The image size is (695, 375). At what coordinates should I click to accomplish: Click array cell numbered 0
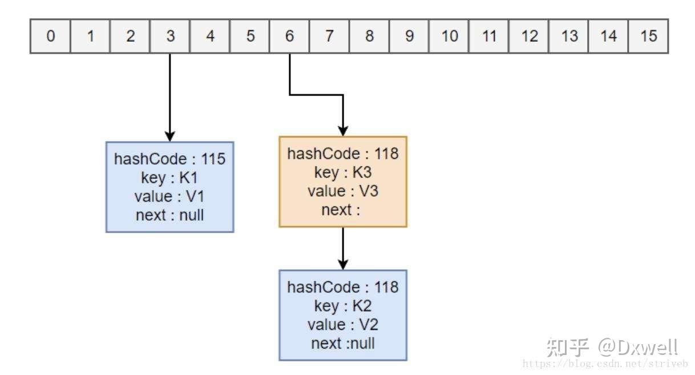pyautogui.click(x=50, y=37)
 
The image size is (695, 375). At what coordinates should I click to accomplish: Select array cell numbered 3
pyautogui.click(x=170, y=37)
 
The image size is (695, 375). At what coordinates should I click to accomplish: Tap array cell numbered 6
pyautogui.click(x=289, y=37)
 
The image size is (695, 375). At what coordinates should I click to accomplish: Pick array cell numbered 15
pyautogui.click(x=648, y=37)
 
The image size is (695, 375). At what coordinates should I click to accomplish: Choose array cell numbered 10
pyautogui.click(x=449, y=37)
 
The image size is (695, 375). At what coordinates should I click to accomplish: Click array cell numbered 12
pyautogui.click(x=529, y=37)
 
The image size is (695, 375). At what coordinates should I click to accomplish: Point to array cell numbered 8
pyautogui.click(x=369, y=37)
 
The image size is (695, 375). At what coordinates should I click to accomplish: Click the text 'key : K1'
pyautogui.click(x=169, y=178)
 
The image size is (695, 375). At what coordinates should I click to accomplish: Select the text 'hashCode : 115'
pyautogui.click(x=169, y=159)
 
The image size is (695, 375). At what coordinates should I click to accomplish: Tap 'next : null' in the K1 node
pyautogui.click(x=169, y=216)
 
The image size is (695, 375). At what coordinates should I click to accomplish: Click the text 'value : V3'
pyautogui.click(x=342, y=191)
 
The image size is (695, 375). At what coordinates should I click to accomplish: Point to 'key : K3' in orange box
pyautogui.click(x=342, y=173)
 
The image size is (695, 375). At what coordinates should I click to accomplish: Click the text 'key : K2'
pyautogui.click(x=342, y=306)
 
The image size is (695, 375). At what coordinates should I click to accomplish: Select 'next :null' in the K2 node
pyautogui.click(x=342, y=344)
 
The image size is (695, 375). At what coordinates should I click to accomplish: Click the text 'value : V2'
pyautogui.click(x=342, y=325)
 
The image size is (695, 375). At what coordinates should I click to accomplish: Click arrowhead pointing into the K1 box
pyautogui.click(x=169, y=136)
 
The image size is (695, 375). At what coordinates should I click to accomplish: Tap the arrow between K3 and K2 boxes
pyautogui.click(x=342, y=249)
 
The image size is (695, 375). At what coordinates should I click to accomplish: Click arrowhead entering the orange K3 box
pyautogui.click(x=342, y=131)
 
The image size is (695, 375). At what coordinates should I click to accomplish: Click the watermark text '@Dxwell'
pyautogui.click(x=637, y=347)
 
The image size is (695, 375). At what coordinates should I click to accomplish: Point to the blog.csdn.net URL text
pyautogui.click(x=605, y=364)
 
